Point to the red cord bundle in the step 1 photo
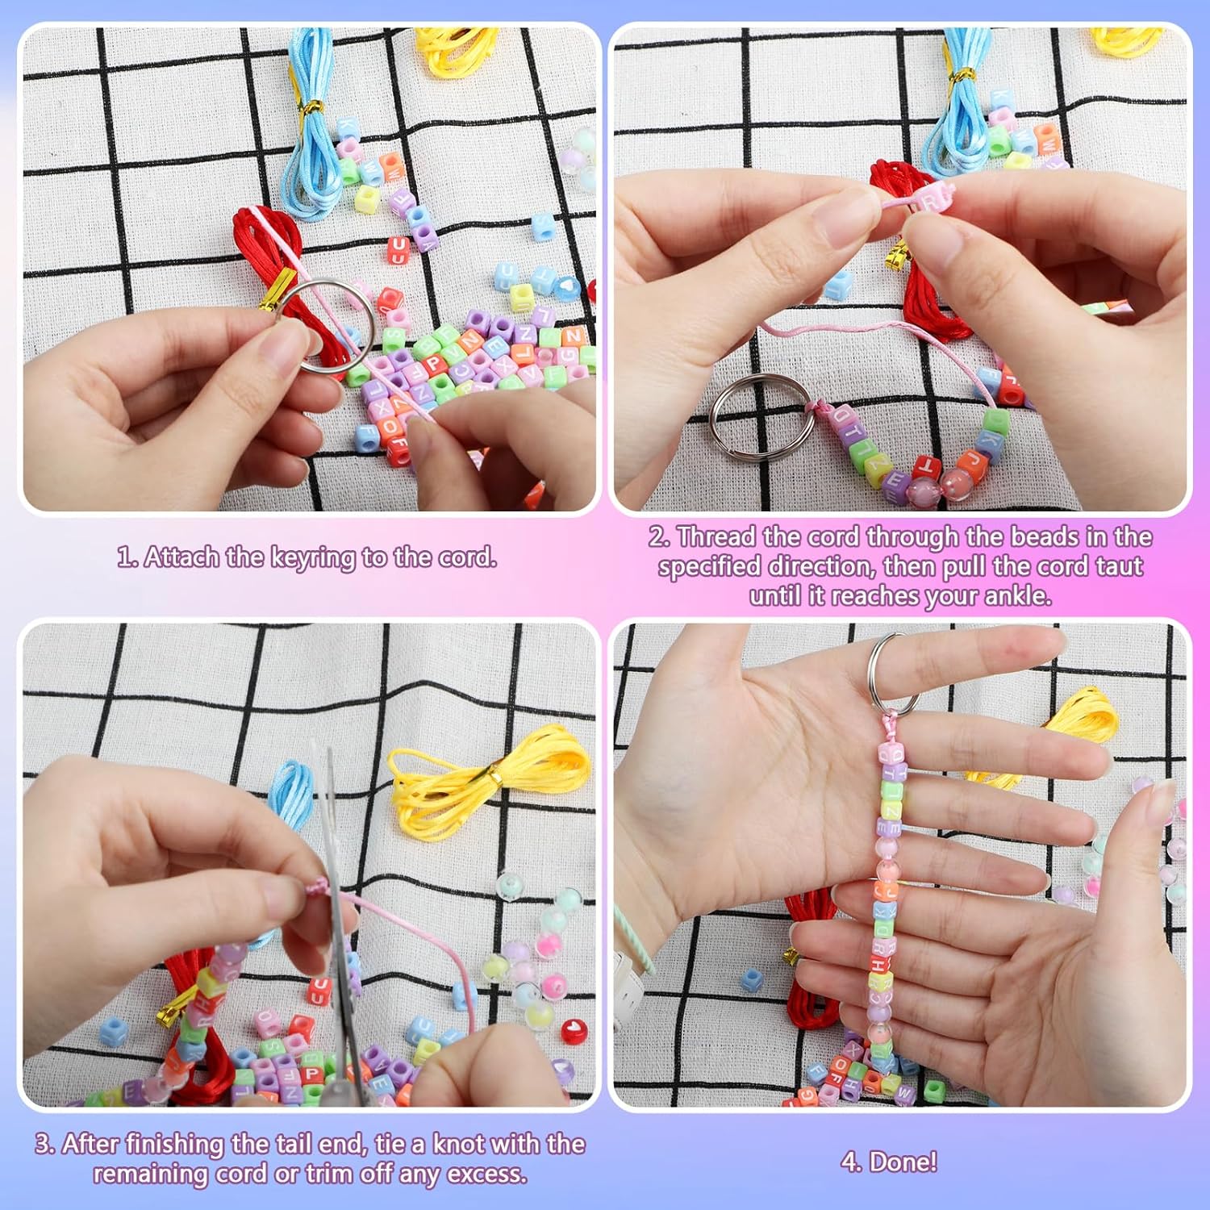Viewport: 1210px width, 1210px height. coord(266,242)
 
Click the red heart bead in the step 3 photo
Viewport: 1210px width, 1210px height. coord(574,1030)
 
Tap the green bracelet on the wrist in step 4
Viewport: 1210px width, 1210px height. coord(637,940)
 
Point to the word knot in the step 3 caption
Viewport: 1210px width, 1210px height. coord(457,1144)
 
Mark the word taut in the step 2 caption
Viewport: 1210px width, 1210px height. coord(1119,566)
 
